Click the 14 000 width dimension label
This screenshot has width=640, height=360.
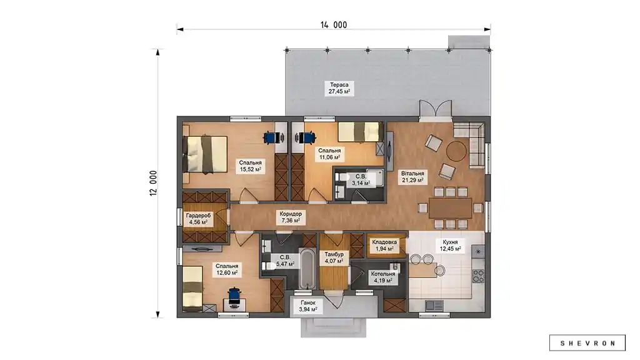coord(334,25)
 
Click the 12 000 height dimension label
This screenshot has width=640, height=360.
coord(154,183)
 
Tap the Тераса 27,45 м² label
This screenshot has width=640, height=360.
coord(339,88)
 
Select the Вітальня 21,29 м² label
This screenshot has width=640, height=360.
coord(412,177)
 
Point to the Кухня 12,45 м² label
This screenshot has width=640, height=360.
coord(450,245)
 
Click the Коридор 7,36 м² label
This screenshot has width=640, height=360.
coord(291,217)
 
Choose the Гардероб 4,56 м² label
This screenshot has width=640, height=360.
coord(198,219)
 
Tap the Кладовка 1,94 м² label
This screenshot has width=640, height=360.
coord(384,245)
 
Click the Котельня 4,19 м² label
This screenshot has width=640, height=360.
coord(383,277)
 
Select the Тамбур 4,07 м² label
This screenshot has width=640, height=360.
coord(334,257)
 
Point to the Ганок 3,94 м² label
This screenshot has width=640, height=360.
coord(307,306)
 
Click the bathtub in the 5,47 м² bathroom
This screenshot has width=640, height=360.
coord(308,268)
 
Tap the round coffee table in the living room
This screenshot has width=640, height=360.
coord(456,151)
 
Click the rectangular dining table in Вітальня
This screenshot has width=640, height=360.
coord(450,208)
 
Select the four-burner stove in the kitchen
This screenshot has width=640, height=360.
coord(478,276)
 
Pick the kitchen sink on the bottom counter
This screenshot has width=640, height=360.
coord(434,305)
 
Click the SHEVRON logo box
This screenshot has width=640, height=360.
coord(587,343)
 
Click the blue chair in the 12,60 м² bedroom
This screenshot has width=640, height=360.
coord(234,296)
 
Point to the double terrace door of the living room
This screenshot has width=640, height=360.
coord(436,110)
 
